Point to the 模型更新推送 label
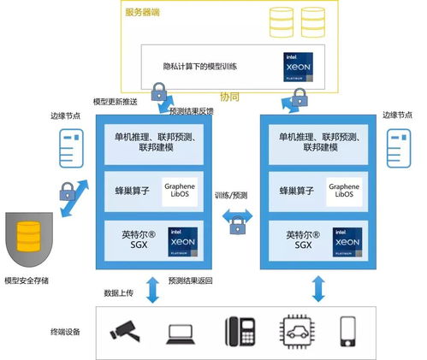coord(117,101)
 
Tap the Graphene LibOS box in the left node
coord(179,190)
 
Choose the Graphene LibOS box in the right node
coord(344,190)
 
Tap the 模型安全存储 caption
coord(28,280)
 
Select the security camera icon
coord(124,331)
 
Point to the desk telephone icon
coord(238,331)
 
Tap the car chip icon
coord(294,331)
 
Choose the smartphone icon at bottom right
coord(348,331)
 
